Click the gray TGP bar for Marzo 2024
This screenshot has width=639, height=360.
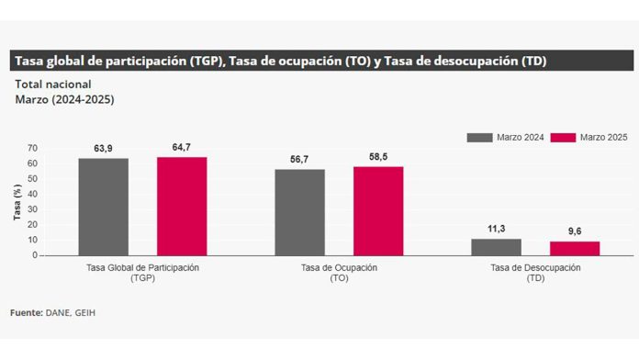pyautogui.click(x=103, y=207)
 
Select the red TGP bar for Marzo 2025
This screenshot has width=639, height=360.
pyautogui.click(x=182, y=206)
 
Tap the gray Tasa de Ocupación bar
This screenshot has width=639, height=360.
pyautogui.click(x=299, y=212)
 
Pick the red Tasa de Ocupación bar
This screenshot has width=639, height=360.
pyautogui.click(x=378, y=210)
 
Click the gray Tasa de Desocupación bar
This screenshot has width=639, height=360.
pyautogui.click(x=496, y=247)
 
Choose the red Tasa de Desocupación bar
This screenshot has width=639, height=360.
pyautogui.click(x=575, y=248)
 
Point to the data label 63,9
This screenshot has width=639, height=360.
pyautogui.click(x=103, y=149)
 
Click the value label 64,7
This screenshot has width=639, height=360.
pyautogui.click(x=181, y=147)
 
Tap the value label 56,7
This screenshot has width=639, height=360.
pyautogui.click(x=299, y=160)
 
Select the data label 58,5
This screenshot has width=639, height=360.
pyautogui.click(x=378, y=157)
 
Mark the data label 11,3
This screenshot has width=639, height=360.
pyautogui.click(x=496, y=229)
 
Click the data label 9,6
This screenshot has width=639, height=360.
pyautogui.click(x=575, y=231)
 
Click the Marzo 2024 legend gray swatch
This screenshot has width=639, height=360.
pyautogui.click(x=479, y=137)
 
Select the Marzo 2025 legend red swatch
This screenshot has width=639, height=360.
pyautogui.click(x=563, y=137)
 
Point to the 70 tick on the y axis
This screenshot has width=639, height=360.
pyautogui.click(x=33, y=148)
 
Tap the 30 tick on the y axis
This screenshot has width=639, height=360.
pyautogui.click(x=33, y=209)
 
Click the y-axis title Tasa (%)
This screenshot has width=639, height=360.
pyautogui.click(x=17, y=202)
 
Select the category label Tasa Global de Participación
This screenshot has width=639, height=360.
pyautogui.click(x=142, y=267)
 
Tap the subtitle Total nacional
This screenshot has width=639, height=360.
pyautogui.click(x=52, y=84)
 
